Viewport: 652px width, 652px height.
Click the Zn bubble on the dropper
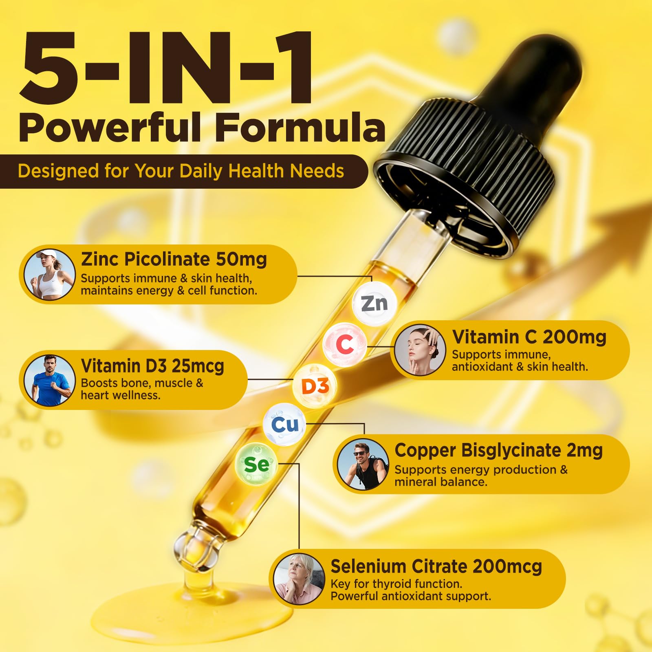point(374,304)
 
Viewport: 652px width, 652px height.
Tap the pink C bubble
point(344,344)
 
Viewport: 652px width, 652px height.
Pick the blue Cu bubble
point(285,425)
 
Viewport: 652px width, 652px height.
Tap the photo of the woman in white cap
point(49,275)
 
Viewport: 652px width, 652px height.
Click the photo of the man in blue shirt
point(49,380)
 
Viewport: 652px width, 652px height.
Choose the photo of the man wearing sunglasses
point(363,464)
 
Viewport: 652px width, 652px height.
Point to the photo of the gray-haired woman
point(299,579)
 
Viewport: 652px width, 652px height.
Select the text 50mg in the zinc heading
point(241,259)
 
